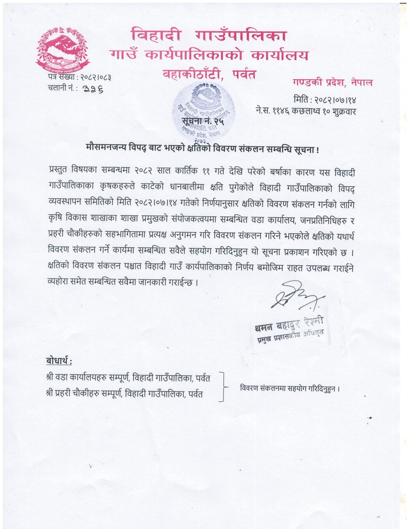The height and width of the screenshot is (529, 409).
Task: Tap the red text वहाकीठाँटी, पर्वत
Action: click(x=209, y=74)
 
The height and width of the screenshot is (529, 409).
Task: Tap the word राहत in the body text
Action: click(x=294, y=268)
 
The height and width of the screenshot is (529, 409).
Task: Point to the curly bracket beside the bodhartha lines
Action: click(x=224, y=387)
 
